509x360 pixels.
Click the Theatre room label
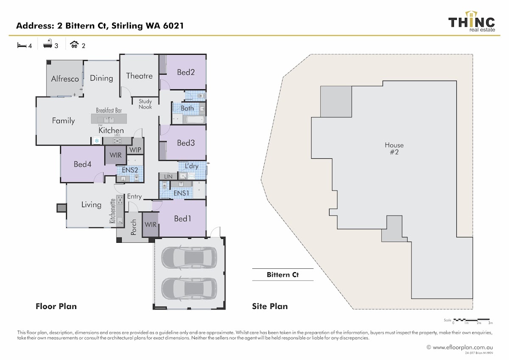(x=139, y=76)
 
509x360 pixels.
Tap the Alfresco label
(x=65, y=79)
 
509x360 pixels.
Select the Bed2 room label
(x=186, y=72)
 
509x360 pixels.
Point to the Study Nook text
(x=145, y=104)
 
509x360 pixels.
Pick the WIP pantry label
(x=135, y=150)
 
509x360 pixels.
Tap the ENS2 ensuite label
(x=130, y=170)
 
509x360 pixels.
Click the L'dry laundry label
(x=192, y=166)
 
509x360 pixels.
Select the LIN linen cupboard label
(x=168, y=176)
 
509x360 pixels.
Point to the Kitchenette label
(x=113, y=211)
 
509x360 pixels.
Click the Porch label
(x=134, y=227)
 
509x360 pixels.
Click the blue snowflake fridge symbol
(x=97, y=141)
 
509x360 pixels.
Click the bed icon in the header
(x=21, y=45)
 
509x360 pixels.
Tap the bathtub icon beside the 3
(x=48, y=44)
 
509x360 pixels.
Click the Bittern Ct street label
(x=282, y=275)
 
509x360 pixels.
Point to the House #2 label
(x=394, y=149)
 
